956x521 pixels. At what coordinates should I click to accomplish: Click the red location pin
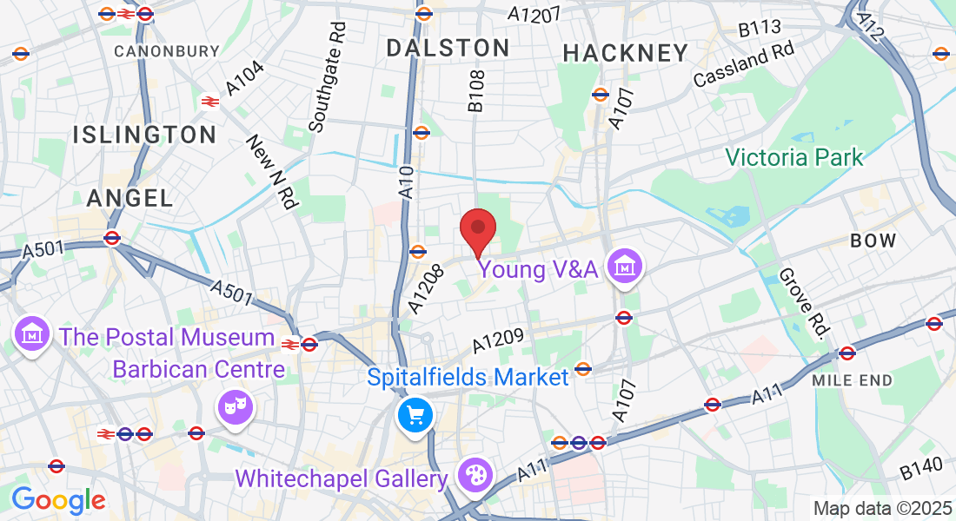(x=477, y=230)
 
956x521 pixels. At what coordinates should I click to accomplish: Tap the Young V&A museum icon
(x=625, y=268)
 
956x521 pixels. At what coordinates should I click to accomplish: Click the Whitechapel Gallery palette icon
(x=475, y=476)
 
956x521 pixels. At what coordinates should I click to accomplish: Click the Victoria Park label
(x=794, y=157)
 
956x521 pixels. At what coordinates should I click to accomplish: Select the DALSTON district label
(x=448, y=48)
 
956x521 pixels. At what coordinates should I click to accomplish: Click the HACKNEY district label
(x=626, y=53)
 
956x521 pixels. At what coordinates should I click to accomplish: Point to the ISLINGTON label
(x=144, y=135)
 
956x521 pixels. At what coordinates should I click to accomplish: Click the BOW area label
(x=873, y=241)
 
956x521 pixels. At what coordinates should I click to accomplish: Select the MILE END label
(x=852, y=380)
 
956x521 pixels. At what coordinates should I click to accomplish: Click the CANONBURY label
(x=167, y=51)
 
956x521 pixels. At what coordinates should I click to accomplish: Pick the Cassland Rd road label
(x=744, y=66)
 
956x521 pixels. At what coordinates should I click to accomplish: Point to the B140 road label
(x=921, y=469)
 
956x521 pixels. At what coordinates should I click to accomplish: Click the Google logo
(x=58, y=500)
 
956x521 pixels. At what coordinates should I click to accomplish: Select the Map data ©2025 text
(x=881, y=508)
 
